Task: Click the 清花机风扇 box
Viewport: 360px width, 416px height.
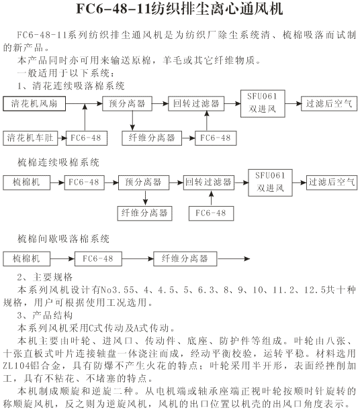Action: pos(34,103)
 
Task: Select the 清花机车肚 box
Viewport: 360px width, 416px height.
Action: pos(30,138)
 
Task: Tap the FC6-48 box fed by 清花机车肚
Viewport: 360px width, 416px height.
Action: pos(87,138)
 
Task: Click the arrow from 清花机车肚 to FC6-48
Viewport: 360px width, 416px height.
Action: pos(62,138)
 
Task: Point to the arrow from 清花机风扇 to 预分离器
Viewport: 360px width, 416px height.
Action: pos(84,103)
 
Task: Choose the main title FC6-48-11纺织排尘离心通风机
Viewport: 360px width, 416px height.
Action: pos(180,9)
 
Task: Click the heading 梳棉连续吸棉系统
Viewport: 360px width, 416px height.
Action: pos(58,162)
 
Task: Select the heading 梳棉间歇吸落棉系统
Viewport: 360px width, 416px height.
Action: pos(63,239)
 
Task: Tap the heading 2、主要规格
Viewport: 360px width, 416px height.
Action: pos(45,277)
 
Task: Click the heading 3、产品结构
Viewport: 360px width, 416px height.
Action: pos(45,315)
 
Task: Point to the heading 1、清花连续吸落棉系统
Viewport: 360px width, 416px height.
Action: pos(71,86)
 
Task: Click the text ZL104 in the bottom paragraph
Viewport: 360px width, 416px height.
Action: pos(16,366)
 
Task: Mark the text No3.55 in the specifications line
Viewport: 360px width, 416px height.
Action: pos(118,290)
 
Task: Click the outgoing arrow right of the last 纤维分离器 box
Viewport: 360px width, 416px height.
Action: pos(234,259)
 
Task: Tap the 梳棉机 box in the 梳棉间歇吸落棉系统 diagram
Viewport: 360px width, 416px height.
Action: pos(27,259)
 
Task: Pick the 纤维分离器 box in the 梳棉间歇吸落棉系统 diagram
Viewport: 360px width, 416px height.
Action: pos(185,259)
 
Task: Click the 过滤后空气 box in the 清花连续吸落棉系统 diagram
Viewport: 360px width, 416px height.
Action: pos(329,103)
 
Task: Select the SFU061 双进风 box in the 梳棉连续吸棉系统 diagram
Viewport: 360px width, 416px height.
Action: pos(270,183)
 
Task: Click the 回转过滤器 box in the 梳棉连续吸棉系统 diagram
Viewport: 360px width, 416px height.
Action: pos(209,183)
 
